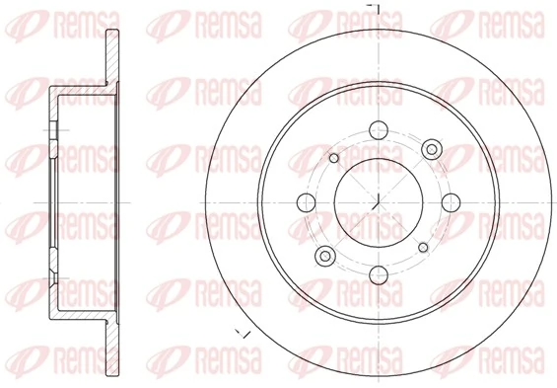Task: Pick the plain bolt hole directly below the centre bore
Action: point(378,275)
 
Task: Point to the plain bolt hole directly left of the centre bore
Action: point(305,202)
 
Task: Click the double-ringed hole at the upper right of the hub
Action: point(430,149)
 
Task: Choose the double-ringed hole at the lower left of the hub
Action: point(325,257)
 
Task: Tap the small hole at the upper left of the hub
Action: point(333,158)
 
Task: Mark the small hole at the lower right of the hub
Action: point(422,247)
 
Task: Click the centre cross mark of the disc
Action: point(378,202)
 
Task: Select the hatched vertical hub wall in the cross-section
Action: point(52,203)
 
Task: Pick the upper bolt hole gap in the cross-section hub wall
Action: point(52,128)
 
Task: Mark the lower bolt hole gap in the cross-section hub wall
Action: point(52,277)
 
